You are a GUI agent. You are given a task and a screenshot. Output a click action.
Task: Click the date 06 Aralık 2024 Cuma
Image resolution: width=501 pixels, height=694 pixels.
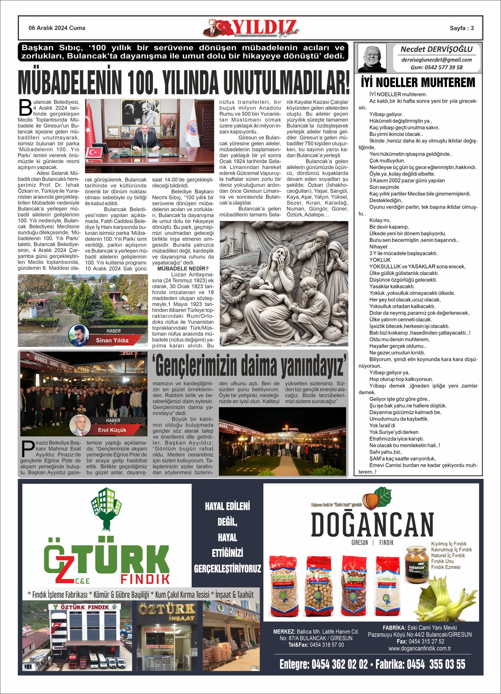[x=57, y=28]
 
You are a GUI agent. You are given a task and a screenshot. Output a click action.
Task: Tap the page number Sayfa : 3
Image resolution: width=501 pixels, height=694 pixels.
[x=462, y=28]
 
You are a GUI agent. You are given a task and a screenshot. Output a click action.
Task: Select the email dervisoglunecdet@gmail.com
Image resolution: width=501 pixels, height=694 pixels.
[x=436, y=60]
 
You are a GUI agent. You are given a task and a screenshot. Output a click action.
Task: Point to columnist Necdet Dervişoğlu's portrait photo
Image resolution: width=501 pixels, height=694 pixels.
[x=372, y=58]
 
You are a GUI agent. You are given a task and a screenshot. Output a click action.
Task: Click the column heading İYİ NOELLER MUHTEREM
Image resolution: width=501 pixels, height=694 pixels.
[x=418, y=83]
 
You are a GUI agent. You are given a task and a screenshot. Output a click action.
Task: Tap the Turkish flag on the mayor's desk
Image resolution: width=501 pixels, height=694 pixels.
[x=93, y=152]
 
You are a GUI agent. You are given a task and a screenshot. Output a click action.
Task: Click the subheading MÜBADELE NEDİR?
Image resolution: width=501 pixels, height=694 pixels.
[x=183, y=268]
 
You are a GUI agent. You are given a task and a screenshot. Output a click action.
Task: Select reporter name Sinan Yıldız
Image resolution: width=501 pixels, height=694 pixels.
[x=112, y=340]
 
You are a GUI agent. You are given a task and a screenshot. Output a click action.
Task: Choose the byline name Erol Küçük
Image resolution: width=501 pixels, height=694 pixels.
[x=112, y=430]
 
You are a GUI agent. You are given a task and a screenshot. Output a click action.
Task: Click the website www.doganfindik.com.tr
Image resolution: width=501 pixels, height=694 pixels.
[x=420, y=648]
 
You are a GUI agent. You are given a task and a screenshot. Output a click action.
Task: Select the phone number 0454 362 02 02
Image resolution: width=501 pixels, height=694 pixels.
[x=340, y=664]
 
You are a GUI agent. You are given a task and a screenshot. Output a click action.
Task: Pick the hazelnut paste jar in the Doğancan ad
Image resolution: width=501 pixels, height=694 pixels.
[x=416, y=564]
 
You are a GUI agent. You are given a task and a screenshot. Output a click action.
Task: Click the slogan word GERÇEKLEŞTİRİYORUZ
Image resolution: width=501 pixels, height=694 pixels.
[x=227, y=569]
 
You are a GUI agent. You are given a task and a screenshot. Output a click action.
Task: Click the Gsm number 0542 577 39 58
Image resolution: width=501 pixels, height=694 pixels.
[x=436, y=67]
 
